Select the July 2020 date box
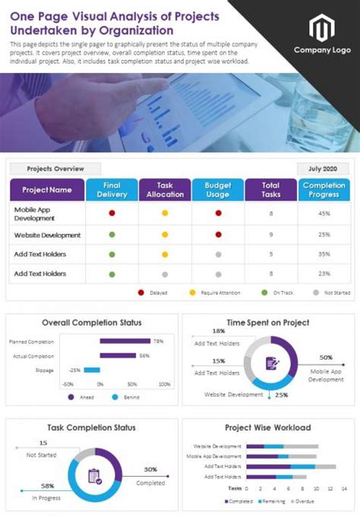point(322,169)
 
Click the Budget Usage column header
point(218,190)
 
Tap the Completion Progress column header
point(324,190)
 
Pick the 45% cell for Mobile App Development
point(324,214)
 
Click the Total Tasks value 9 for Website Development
point(271,235)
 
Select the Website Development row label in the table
point(47,235)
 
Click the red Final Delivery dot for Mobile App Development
point(112,214)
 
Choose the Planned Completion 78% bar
point(125,342)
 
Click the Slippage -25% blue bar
point(92,370)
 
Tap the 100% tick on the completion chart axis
point(165,384)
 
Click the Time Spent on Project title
point(268,323)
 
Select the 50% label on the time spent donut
point(326,357)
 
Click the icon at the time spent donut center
point(271,363)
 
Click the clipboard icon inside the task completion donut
point(95,477)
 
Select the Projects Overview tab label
point(55,169)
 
